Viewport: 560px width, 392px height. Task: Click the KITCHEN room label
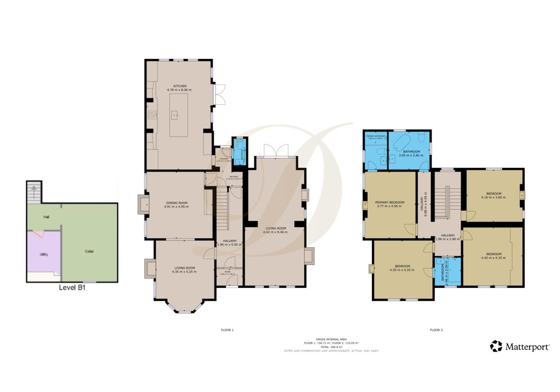pos(179,86)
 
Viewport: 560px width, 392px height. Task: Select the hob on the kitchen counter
pos(152,115)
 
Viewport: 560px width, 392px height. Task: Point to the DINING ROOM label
pos(176,203)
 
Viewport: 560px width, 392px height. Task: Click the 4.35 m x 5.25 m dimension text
pos(184,271)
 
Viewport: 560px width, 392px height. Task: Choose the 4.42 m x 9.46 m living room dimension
pos(275,232)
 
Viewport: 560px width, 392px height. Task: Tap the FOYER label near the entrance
pos(227,271)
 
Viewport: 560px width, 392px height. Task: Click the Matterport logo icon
pos(496,346)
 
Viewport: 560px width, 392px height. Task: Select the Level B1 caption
pos(72,288)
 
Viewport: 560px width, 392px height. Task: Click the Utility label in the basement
pos(44,254)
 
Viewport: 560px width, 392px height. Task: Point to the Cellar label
pos(89,251)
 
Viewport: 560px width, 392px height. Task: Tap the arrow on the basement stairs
pos(34,189)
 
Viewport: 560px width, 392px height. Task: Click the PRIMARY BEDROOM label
pos(389,202)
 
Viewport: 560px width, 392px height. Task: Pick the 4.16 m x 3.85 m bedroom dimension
pos(494,197)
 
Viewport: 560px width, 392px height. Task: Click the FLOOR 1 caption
pos(227,330)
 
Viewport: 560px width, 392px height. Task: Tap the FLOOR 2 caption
pos(436,330)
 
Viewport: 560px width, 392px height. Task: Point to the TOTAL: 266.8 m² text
pos(331,347)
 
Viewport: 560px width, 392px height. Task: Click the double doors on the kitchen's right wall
pos(220,94)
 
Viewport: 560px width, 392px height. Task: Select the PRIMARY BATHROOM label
pos(375,136)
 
